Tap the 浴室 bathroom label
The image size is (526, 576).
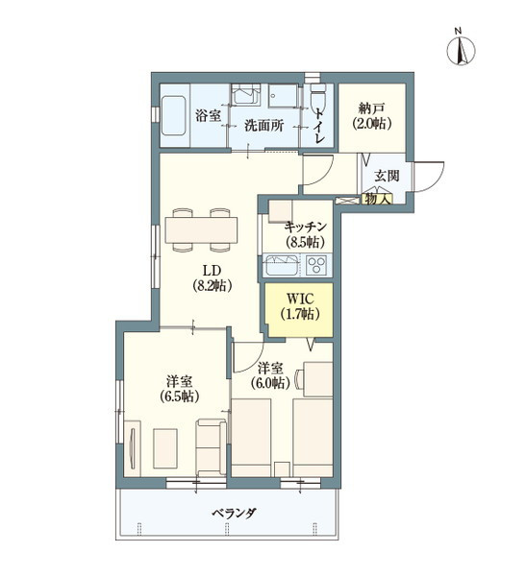click(x=209, y=116)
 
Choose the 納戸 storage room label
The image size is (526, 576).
click(x=369, y=107)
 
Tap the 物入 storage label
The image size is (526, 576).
click(x=376, y=199)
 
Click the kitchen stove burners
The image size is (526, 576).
click(x=315, y=265)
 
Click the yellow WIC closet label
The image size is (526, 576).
click(x=299, y=296)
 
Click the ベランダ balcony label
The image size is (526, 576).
click(x=234, y=514)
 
